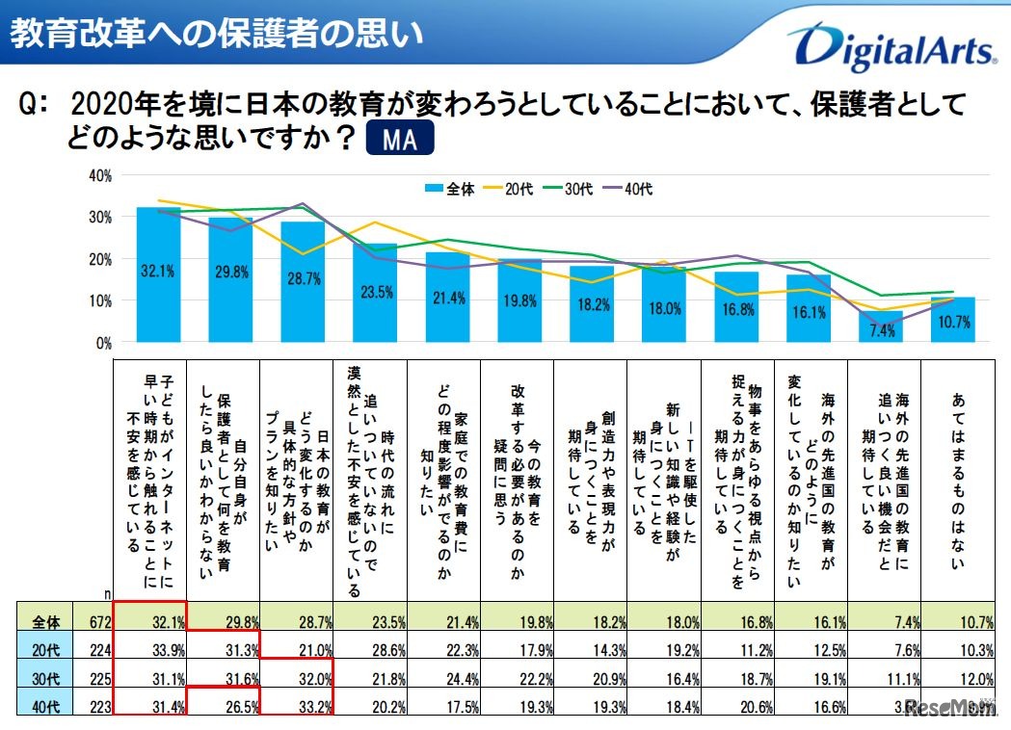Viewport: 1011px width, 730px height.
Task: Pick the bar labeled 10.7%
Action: click(953, 320)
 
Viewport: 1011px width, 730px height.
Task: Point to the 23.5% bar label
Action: click(375, 293)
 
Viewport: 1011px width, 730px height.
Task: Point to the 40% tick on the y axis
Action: click(99, 175)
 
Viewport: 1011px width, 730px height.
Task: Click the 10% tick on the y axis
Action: click(99, 300)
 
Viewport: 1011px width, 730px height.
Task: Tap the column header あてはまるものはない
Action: click(958, 482)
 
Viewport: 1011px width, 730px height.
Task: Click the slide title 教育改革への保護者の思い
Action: click(216, 34)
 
